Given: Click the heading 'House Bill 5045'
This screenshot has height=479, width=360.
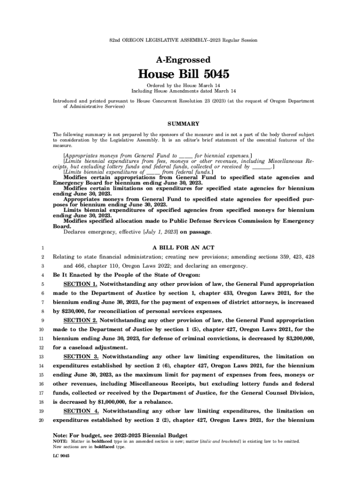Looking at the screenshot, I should [183, 74].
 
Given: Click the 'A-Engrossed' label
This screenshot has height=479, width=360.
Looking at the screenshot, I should [183, 60].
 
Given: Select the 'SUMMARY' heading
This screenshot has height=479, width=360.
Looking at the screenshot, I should [183, 124].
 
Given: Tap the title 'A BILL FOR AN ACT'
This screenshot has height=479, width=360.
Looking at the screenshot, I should [183, 247].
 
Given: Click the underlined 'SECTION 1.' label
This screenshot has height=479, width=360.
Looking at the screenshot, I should [80, 284].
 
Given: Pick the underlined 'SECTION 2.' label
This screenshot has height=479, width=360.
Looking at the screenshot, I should [80, 320].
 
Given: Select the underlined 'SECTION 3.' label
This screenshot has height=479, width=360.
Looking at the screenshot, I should [80, 357].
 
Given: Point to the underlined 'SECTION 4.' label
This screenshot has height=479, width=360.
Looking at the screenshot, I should [80, 411].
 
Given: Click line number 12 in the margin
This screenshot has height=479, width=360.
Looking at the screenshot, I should [42, 348].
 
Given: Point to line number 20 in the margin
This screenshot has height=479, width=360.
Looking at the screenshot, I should [42, 420].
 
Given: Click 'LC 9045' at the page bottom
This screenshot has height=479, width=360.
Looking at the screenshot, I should [61, 455].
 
